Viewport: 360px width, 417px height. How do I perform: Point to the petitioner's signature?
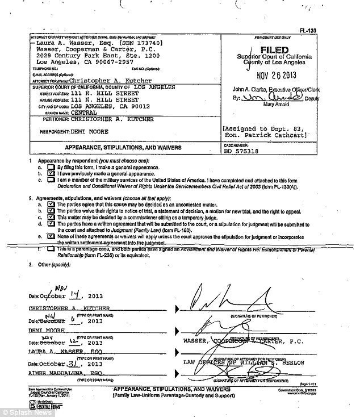click(227, 298)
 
